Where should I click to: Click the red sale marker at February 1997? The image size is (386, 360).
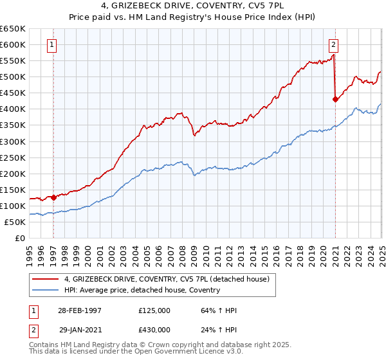[53, 197]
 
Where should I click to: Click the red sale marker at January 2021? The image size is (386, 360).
[335, 99]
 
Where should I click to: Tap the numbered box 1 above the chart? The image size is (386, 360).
[51, 44]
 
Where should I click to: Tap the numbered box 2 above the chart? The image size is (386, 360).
[334, 44]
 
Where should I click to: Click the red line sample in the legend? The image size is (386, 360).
[46, 278]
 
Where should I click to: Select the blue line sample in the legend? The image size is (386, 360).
[46, 290]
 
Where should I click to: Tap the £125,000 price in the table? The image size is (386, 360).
[155, 310]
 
